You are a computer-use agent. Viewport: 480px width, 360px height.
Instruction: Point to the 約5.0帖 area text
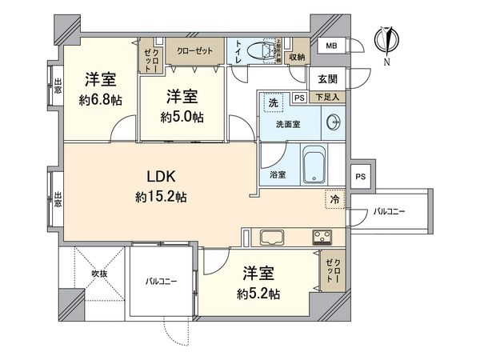pyautogui.click(x=182, y=116)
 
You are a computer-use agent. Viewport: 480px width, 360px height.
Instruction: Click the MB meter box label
pyautogui.click(x=331, y=46)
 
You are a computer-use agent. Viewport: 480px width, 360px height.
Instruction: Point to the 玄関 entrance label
pyautogui.click(x=327, y=78)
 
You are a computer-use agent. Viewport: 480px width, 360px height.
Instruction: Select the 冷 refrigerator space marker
pyautogui.click(x=334, y=199)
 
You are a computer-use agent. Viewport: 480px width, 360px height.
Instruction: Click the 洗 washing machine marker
pyautogui.click(x=273, y=103)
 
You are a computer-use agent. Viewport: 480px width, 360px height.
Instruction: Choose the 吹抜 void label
pyautogui.click(x=99, y=273)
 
